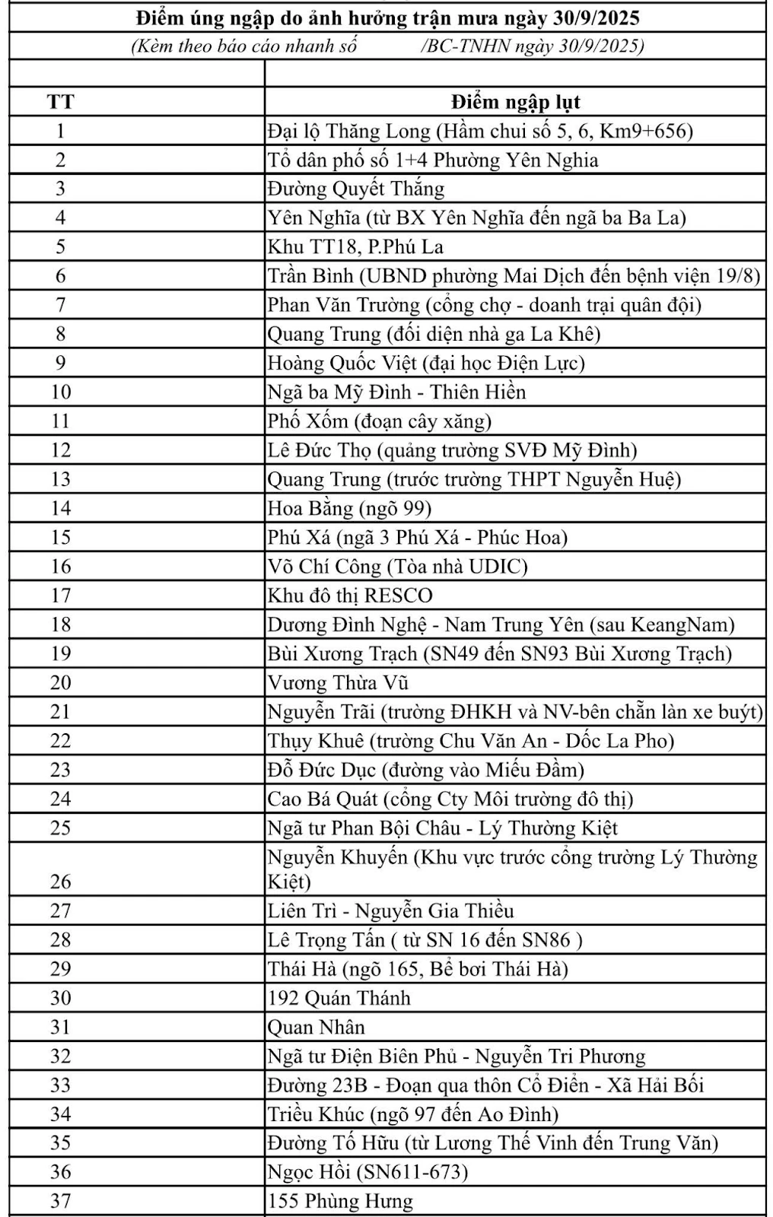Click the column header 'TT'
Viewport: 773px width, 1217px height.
[x=60, y=102]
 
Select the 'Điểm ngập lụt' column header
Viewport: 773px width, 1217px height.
[x=515, y=102]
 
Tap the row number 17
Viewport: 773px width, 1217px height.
[x=60, y=596]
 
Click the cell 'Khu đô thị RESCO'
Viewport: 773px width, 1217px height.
[x=350, y=596]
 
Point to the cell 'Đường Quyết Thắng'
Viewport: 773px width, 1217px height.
[x=355, y=189]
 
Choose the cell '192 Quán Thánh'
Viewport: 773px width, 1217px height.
[x=339, y=998]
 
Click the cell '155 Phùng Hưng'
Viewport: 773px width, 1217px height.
[x=340, y=1202]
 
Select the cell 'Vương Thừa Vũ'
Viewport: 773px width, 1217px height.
[x=338, y=683]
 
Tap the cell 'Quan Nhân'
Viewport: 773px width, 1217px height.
[x=316, y=1028]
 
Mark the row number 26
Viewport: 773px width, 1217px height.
[x=60, y=882]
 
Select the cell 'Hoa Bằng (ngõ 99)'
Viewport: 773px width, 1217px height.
[x=349, y=508]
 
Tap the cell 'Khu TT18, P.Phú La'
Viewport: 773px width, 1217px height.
[x=355, y=247]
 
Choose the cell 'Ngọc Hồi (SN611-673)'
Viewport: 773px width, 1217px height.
[x=367, y=1172]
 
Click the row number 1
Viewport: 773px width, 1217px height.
[x=60, y=131]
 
